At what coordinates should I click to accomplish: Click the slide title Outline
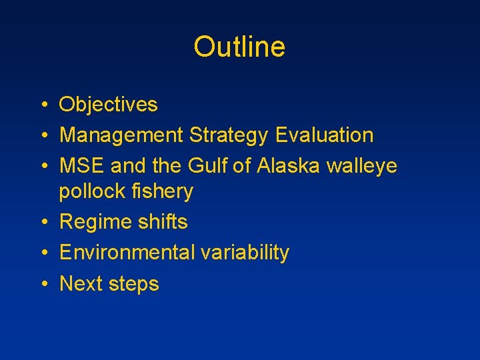239,47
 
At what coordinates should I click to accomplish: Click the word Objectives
109,105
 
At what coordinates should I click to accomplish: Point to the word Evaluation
324,135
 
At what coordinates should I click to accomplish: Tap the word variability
243,253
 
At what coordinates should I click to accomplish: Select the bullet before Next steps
42,284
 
